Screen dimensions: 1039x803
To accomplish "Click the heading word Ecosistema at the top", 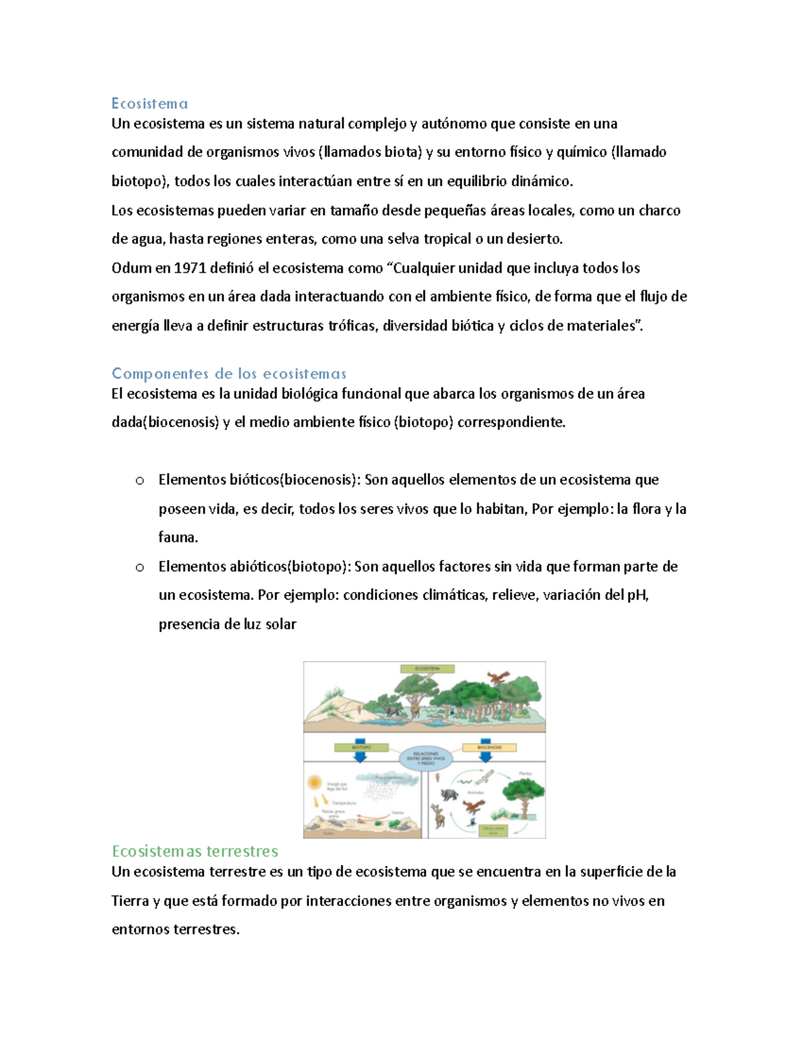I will point(149,104).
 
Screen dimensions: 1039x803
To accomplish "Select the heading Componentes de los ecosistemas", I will point(229,373).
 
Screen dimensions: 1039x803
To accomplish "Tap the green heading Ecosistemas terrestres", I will point(195,851).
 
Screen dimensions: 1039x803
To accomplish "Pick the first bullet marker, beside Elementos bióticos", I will point(139,480).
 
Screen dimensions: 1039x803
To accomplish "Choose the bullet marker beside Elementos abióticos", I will point(139,567).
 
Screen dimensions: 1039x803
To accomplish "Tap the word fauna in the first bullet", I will point(177,537).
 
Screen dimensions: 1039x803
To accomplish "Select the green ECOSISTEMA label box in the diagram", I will point(427,668).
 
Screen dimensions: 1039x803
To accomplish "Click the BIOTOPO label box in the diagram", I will point(361,747).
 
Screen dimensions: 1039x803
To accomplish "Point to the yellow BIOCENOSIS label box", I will point(489,747).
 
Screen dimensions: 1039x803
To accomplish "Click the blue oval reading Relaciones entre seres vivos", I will point(426,759).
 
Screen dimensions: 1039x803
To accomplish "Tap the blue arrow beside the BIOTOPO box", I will point(361,757).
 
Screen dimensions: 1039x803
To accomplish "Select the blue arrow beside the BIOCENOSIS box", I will point(486,757).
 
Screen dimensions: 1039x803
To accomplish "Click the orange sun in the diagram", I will point(313,782).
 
